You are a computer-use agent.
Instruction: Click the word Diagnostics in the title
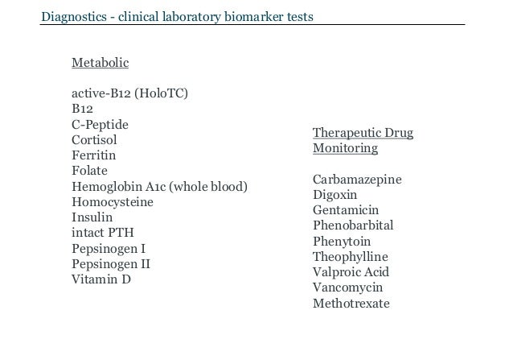[75, 17]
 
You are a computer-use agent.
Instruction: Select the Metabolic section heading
[101, 62]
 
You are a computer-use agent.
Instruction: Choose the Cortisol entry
[94, 139]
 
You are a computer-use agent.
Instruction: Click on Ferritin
[94, 155]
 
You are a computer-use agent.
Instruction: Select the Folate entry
[89, 171]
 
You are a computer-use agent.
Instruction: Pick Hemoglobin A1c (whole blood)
[159, 187]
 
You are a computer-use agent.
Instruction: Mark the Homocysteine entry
[112, 202]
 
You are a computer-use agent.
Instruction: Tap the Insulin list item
[92, 217]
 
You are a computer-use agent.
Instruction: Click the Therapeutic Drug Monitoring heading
[362, 141]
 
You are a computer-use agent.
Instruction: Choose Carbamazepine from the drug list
[358, 180]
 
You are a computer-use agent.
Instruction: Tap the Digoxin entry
[334, 195]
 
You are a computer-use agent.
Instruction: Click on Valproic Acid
[350, 272]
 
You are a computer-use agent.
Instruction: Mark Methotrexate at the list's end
[351, 304]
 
